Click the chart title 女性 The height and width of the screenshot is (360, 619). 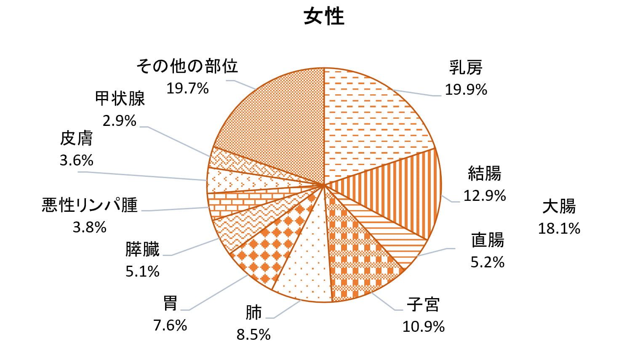point(324,17)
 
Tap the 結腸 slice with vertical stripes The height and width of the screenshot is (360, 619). point(404,194)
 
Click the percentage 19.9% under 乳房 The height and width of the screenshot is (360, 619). point(466,90)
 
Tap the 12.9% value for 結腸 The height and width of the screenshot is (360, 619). point(484,196)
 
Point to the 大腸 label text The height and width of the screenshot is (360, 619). point(559,207)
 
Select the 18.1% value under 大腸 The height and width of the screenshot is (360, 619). point(559,229)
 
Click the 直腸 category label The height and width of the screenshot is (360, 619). point(487,240)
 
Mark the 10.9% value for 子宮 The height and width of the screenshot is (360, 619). point(423,327)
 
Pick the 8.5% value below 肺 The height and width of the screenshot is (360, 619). point(253,335)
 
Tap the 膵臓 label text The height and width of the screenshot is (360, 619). point(142,250)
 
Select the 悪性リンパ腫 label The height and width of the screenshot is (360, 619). point(90,205)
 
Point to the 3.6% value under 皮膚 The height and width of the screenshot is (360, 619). point(76,160)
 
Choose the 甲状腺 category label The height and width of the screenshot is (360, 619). point(120,99)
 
